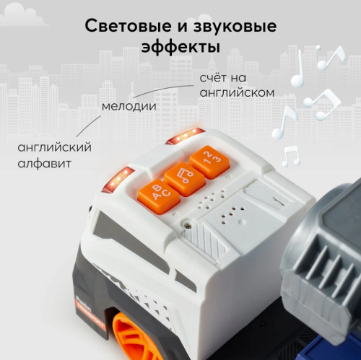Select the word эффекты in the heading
pyautogui.click(x=180, y=48)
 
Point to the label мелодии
pyautogui.click(x=129, y=106)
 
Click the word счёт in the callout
pyautogui.click(x=217, y=78)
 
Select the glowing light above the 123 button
pyautogui.click(x=185, y=136)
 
